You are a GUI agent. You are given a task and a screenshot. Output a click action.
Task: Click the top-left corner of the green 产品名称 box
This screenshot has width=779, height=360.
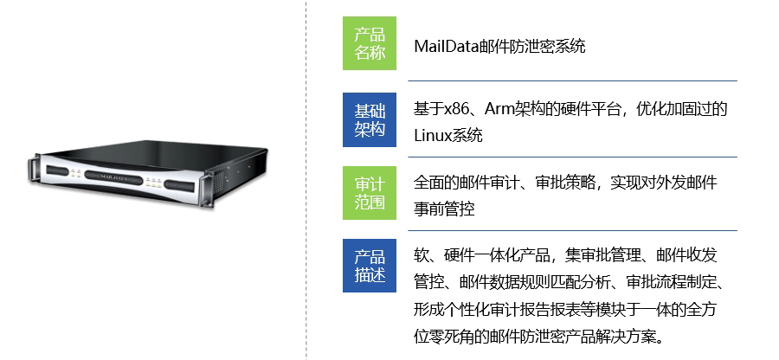tap(343, 16)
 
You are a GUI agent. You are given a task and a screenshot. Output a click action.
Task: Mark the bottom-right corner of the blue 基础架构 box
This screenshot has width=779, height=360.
tap(396, 147)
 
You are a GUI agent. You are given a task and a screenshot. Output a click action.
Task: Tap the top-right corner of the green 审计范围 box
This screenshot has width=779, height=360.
tap(396, 166)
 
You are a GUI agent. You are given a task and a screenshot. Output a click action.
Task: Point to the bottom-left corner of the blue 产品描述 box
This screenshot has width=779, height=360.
tap(343, 292)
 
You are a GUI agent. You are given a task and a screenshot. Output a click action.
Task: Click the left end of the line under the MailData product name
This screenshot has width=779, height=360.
tap(409, 80)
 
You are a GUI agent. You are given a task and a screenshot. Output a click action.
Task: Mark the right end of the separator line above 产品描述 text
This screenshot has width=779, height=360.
tap(737, 231)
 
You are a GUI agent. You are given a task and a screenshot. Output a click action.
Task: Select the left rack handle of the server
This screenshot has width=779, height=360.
tap(33, 170)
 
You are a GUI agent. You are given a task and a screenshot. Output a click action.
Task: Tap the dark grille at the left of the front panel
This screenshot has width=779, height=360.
tap(57, 170)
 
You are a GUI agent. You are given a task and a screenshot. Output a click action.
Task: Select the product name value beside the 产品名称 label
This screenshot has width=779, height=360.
tap(499, 47)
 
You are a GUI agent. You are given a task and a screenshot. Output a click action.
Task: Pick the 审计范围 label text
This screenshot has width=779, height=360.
tap(370, 194)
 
